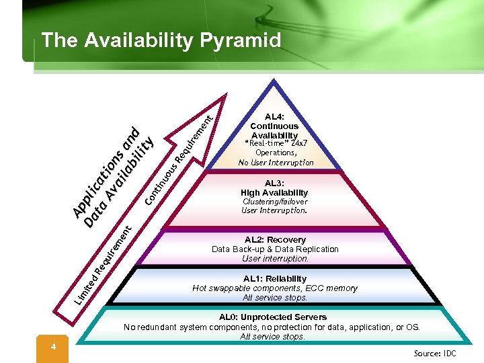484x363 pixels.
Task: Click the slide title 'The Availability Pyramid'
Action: click(161, 41)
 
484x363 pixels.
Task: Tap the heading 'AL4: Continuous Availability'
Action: click(274, 126)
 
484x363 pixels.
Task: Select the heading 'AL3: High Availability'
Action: click(274, 188)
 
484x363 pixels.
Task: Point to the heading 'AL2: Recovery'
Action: click(275, 239)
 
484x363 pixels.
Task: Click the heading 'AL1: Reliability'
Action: click(275, 278)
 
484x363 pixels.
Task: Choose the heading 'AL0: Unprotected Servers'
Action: click(273, 317)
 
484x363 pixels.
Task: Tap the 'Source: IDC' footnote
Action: click(435, 353)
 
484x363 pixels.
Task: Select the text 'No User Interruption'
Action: click(276, 162)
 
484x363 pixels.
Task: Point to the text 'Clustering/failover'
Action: click(275, 202)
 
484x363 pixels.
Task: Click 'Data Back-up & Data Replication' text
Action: click(275, 249)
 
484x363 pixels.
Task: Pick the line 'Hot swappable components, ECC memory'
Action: click(275, 288)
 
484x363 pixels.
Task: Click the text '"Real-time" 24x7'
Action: click(276, 143)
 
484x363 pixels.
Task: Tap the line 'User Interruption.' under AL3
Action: click(274, 210)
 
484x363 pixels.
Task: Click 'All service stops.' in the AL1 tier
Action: click(275, 297)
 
